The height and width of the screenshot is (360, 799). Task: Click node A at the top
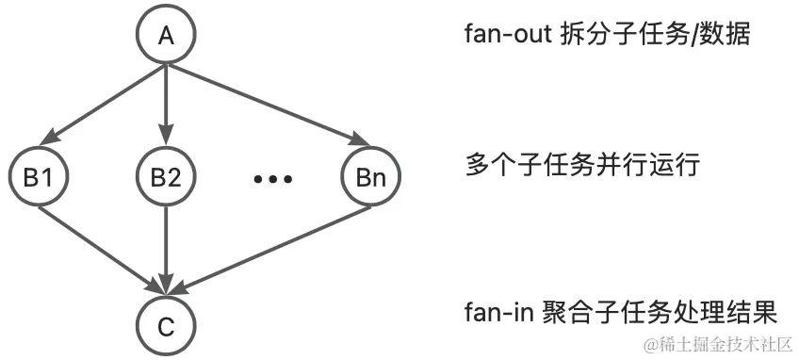[x=166, y=36]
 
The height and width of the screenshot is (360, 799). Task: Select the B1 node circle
[x=37, y=177]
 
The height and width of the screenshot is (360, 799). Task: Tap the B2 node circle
[x=166, y=177]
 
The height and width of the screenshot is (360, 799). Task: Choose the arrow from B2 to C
[x=166, y=250]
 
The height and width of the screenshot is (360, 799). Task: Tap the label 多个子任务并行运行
[x=583, y=167]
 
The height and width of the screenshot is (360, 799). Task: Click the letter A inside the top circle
[x=166, y=36]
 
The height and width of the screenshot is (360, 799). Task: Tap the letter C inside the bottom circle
[x=166, y=325]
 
